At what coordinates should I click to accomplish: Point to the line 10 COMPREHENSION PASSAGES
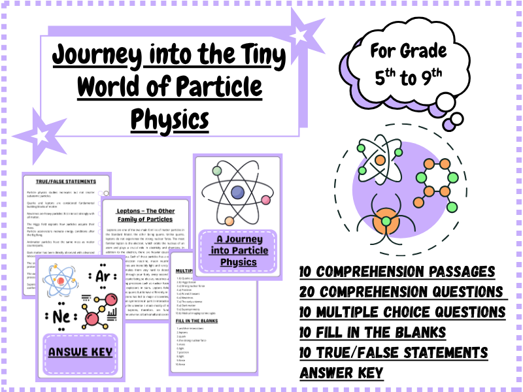click(x=397, y=272)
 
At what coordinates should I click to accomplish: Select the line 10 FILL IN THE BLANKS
click(x=373, y=333)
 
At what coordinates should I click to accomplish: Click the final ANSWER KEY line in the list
click(x=342, y=373)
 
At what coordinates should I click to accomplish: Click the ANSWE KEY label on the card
click(x=80, y=352)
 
